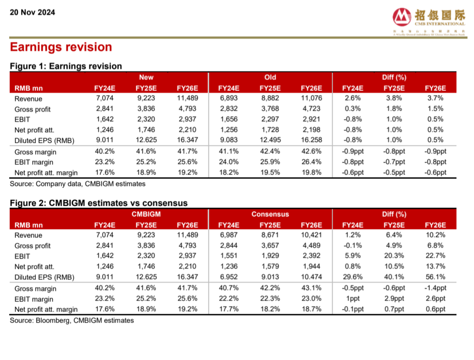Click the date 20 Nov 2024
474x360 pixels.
pos(32,12)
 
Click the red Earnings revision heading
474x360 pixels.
pos(61,47)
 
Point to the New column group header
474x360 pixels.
pos(146,78)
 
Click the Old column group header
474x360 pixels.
pos(270,78)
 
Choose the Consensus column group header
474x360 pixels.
pos(270,214)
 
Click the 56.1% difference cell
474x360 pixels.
pos(435,277)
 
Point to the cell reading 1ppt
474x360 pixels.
pos(353,299)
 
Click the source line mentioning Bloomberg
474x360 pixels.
pos(72,320)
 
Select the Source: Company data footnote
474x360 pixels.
pos(78,184)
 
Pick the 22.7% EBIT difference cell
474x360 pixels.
pos(435,256)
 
